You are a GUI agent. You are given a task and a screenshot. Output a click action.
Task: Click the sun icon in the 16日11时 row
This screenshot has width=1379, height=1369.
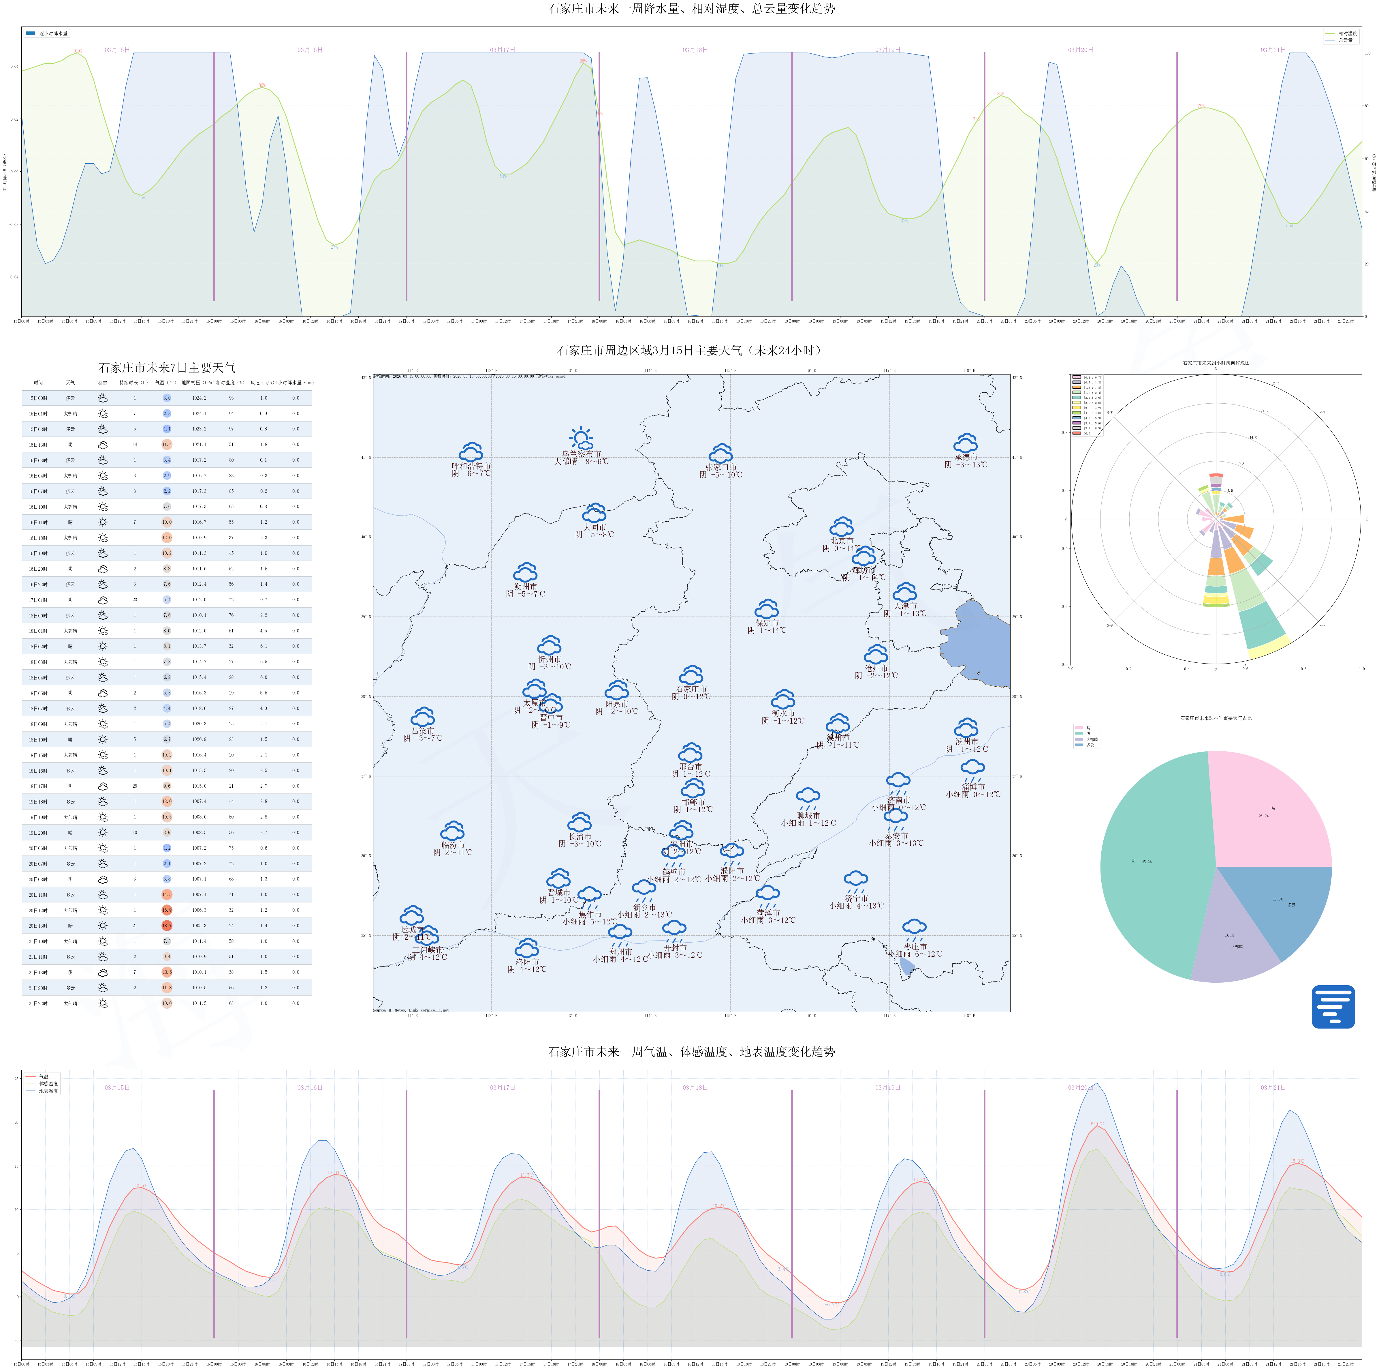pyautogui.click(x=103, y=522)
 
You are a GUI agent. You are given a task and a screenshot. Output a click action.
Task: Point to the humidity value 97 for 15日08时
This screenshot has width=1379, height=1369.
pyautogui.click(x=231, y=428)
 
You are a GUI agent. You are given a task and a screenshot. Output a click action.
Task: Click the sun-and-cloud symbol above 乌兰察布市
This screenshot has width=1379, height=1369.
pyautogui.click(x=581, y=438)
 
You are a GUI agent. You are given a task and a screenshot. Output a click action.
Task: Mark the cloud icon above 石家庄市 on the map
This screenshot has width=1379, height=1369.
pyautogui.click(x=691, y=675)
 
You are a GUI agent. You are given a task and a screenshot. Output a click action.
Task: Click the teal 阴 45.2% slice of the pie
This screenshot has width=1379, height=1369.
pyautogui.click(x=1149, y=864)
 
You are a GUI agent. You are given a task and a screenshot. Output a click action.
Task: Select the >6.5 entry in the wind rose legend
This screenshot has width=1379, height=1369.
pyautogui.click(x=1087, y=433)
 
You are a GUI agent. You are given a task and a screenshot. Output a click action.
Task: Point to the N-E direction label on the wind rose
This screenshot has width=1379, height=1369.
pyautogui.click(x=1322, y=413)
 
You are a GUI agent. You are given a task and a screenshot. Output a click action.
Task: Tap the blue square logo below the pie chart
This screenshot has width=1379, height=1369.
pyautogui.click(x=1333, y=1006)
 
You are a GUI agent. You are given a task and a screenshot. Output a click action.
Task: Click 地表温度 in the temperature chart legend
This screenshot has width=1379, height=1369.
pyautogui.click(x=48, y=1091)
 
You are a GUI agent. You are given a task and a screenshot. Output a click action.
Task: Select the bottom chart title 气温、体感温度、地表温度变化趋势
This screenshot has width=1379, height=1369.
pyautogui.click(x=691, y=1051)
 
